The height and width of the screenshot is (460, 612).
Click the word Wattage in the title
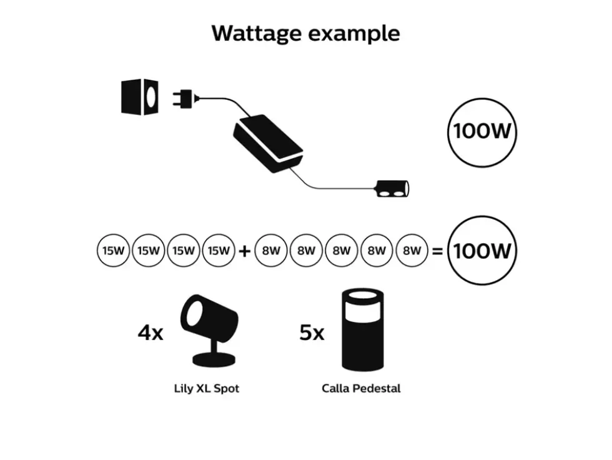pos(257,34)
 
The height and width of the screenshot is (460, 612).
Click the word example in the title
pos(355,34)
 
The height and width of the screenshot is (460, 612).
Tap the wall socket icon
pos(140,97)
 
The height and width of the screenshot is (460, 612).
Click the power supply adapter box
pos(268,143)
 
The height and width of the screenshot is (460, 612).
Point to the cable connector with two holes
pos(393,189)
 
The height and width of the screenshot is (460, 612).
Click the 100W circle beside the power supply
pos(482,132)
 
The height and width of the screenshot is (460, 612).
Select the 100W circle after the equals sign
pos(482,250)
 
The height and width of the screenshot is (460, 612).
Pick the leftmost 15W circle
pos(113,250)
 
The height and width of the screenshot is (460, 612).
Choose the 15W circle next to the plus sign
pos(219,250)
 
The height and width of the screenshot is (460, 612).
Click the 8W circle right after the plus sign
pos(271,250)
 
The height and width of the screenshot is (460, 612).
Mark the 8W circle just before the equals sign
pos(412,250)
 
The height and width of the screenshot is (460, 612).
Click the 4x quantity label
pos(151,332)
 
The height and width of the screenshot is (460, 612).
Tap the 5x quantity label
pos(312,332)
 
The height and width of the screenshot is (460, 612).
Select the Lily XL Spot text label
pos(207,389)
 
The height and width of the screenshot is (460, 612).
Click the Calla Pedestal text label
pos(361,389)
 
